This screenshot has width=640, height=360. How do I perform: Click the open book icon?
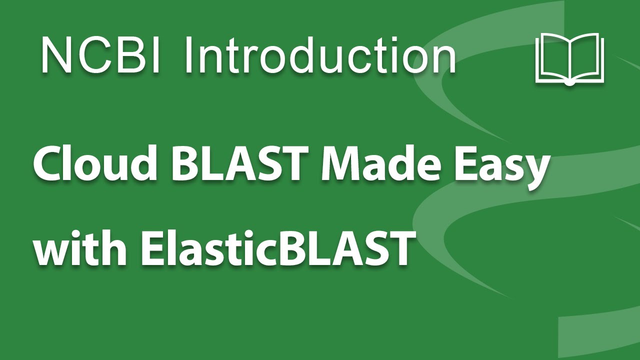click(x=569, y=58)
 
